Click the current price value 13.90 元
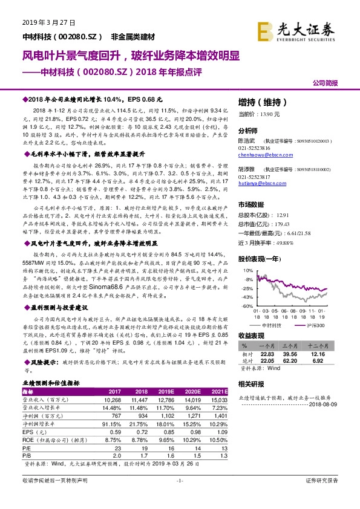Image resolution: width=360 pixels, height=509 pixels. [x=269, y=114]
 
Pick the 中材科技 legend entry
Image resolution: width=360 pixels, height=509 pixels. [x=272, y=325]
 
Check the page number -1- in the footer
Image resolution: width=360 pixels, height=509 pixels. [x=179, y=497]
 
